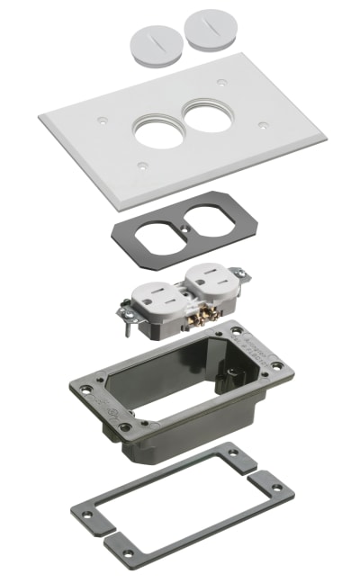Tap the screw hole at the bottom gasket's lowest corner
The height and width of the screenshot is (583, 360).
pyautogui.click(x=128, y=552)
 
